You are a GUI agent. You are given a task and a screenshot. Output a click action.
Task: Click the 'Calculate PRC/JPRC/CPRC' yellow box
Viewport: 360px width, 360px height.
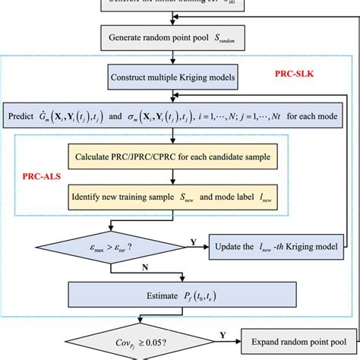pyautogui.click(x=173, y=158)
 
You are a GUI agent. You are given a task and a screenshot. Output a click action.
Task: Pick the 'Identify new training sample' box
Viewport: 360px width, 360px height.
pyautogui.click(x=173, y=200)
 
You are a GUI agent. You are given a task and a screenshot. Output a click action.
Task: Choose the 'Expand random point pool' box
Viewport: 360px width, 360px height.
pyautogui.click(x=294, y=338)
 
